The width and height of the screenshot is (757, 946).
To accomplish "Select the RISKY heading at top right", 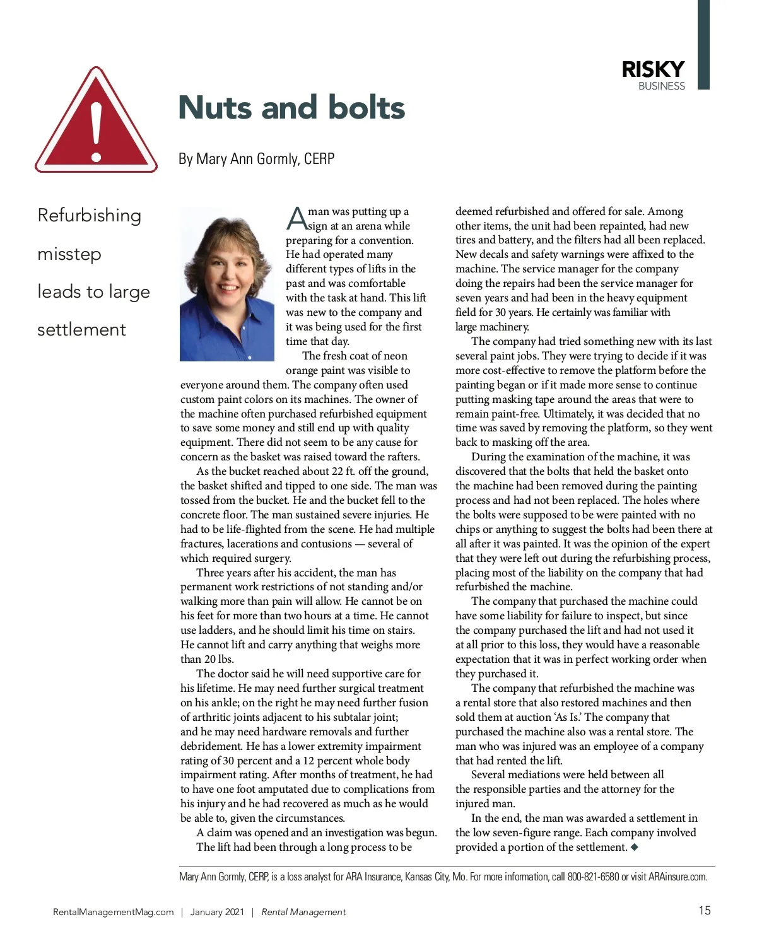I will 653,69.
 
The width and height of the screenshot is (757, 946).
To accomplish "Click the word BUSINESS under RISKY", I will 661,86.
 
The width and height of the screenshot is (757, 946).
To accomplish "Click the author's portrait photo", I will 227,284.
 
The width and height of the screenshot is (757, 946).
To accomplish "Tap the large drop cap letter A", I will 296,219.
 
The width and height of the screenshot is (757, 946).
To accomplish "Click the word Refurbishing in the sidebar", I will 90,216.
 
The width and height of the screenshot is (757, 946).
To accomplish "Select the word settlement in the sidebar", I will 81,329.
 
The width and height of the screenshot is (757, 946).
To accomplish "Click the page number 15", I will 704,910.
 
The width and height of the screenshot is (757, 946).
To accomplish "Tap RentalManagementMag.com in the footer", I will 114,912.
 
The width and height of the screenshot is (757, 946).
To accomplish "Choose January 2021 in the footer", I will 217,912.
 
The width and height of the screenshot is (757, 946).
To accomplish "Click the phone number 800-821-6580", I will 593,877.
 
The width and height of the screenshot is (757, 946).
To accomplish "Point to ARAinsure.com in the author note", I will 678,877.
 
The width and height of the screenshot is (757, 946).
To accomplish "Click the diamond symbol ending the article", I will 635,847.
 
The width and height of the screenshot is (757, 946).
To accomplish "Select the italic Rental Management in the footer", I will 303,912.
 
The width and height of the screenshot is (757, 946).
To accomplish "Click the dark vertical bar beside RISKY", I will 703,44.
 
